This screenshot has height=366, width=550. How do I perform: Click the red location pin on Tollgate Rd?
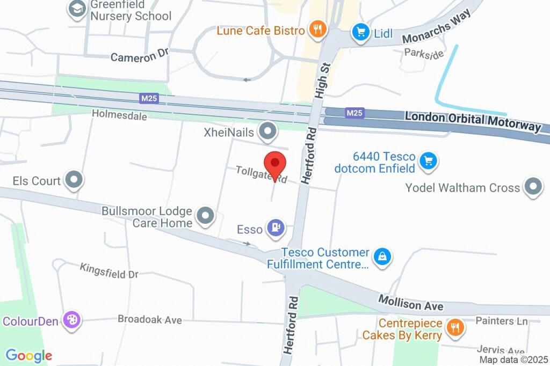tap(275, 164)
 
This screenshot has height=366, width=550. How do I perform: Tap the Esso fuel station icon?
tap(275, 229)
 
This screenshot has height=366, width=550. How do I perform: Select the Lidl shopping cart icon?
tap(360, 32)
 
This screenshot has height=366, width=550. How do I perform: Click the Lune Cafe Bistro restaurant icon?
tap(317, 30)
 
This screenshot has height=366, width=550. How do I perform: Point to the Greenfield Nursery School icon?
tap(78, 9)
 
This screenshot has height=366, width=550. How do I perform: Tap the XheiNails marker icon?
tap(267, 130)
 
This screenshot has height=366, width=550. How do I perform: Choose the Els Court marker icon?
tap(73, 180)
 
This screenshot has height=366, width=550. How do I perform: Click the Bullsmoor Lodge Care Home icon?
tap(205, 216)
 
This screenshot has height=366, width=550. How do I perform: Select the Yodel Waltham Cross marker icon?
tap(533, 187)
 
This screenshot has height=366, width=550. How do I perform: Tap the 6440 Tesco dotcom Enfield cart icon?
tap(428, 160)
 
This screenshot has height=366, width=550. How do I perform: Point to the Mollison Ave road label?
tap(411, 302)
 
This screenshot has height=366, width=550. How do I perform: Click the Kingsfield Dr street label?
tap(109, 270)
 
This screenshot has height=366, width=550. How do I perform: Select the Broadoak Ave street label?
tap(150, 320)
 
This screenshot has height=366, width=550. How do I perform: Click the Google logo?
tap(28, 355)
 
